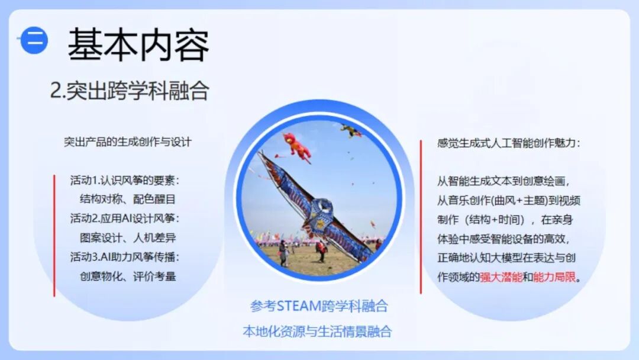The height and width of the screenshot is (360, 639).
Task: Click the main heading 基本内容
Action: click(138, 45)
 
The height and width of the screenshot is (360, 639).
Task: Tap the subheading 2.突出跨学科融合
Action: click(130, 91)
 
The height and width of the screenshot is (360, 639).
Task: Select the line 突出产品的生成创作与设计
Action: click(128, 142)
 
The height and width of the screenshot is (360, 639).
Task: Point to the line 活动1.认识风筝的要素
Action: click(124, 180)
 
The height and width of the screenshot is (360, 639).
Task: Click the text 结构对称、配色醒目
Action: click(128, 199)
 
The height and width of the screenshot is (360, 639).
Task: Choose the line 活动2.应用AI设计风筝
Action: click(124, 218)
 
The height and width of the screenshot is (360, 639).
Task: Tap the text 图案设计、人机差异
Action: click(128, 237)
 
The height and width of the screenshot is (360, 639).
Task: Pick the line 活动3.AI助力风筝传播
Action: click(124, 256)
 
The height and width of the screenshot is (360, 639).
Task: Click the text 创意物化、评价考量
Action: click(128, 275)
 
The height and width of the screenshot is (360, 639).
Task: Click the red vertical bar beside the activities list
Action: click(54, 235)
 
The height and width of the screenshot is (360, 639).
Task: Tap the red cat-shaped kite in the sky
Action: click(298, 146)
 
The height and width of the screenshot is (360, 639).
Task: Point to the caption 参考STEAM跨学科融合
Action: click(319, 306)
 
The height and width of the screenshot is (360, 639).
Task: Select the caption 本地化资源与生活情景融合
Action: click(317, 331)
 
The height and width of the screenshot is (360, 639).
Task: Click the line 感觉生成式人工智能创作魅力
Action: click(509, 143)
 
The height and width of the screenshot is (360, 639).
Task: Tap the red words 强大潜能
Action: click(501, 277)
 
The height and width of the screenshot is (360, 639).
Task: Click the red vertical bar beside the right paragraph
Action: click(421, 217)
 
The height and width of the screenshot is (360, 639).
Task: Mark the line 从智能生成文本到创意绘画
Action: click(504, 181)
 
